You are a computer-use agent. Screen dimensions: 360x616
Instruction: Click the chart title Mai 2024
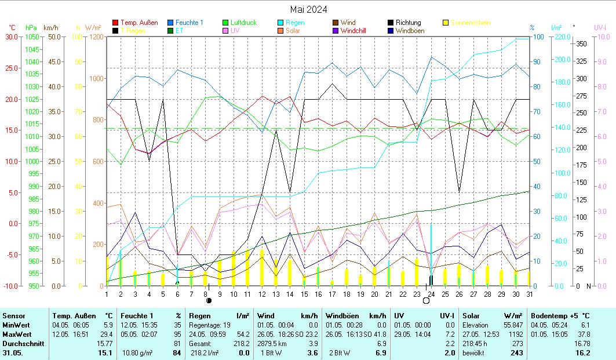(308, 9)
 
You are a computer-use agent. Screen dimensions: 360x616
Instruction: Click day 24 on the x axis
(431, 294)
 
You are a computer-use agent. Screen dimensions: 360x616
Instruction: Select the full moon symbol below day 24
(427, 301)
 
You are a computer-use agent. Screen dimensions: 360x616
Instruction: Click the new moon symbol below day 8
(209, 301)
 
